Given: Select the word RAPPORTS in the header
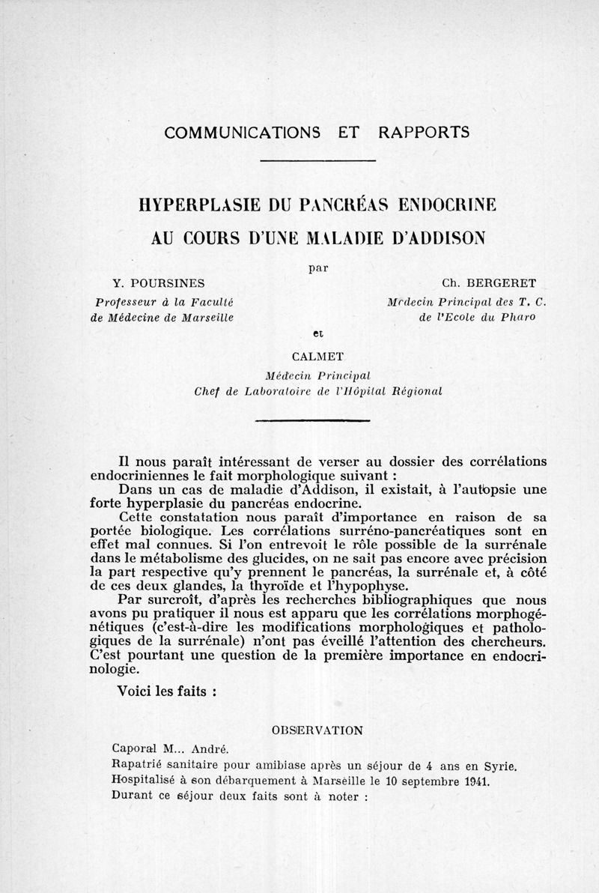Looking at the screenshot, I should click(424, 133).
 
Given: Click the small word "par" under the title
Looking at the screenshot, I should click(318, 265).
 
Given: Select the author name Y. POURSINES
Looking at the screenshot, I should click(159, 284).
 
